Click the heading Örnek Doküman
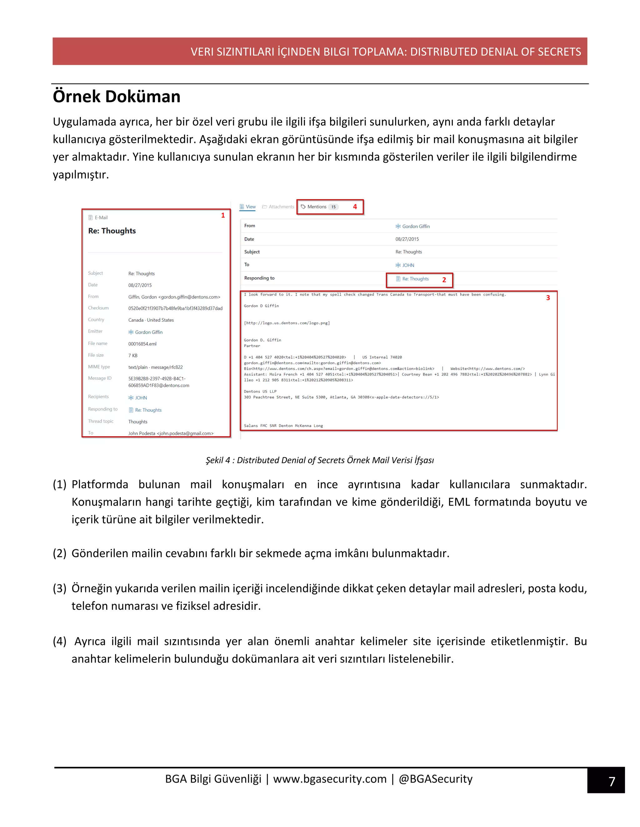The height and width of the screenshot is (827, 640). pos(116,96)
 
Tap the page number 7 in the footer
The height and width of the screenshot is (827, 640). pos(611,781)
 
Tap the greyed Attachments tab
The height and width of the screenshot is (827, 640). pos(278,207)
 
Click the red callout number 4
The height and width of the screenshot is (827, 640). pos(355,207)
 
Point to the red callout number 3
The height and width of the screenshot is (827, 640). pos(548,298)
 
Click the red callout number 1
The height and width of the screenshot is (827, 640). pos(223,215)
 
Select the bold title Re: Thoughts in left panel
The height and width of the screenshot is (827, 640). pos(112,231)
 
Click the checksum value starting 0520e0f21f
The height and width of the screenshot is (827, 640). pos(175,308)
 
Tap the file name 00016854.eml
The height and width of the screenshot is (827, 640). pos(142,344)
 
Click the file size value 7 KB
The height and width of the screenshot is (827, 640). pos(133,355)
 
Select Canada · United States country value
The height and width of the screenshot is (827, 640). pos(151,320)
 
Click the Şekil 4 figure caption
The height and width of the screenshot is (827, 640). pos(320,460)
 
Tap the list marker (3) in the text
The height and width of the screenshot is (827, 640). pos(59,589)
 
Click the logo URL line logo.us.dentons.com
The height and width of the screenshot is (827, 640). pos(287,323)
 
